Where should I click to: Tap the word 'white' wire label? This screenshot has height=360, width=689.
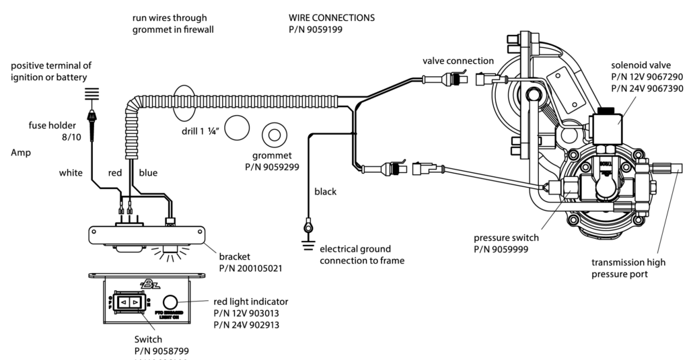click(x=71, y=173)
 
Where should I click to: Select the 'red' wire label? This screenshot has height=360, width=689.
click(x=116, y=173)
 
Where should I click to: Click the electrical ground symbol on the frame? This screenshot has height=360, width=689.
click(x=309, y=229)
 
